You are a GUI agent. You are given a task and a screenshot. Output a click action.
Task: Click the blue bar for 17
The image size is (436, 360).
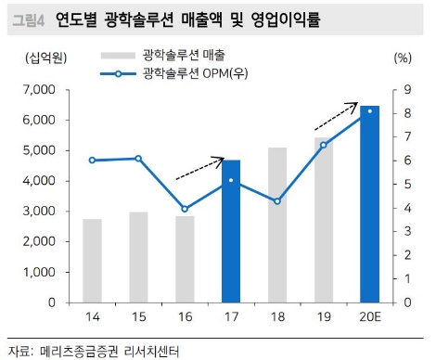[x=231, y=232]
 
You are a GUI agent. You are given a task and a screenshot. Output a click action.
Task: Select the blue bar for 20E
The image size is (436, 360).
[x=369, y=204]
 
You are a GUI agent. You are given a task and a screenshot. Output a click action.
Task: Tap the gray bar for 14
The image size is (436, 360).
[x=92, y=261]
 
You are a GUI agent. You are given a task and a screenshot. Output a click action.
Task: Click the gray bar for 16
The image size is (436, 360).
[x=185, y=259]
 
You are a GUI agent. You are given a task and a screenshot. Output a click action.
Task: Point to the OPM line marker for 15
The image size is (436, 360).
[x=138, y=159]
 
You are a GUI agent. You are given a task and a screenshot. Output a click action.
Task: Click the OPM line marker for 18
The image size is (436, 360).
[x=277, y=200]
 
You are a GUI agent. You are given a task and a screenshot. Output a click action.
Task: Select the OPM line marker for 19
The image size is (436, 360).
[x=324, y=145]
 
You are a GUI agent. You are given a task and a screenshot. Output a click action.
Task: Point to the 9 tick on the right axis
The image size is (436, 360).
[x=395, y=90]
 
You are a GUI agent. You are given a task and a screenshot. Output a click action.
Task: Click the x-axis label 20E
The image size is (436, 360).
[x=369, y=318]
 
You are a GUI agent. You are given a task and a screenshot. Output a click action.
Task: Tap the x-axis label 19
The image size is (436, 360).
[x=324, y=318]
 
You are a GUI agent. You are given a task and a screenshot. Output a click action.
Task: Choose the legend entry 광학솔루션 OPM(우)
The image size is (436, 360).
[x=190, y=72]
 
